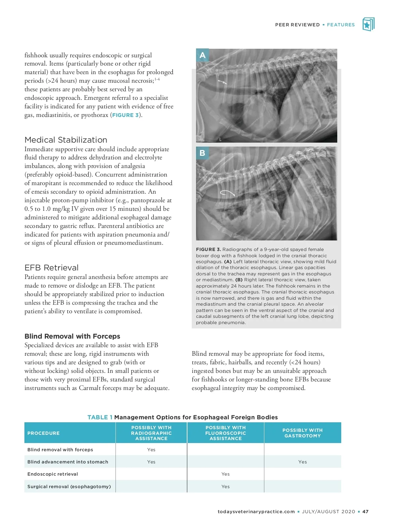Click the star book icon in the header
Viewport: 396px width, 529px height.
(x=368, y=24)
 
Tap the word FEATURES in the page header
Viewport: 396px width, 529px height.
(x=341, y=25)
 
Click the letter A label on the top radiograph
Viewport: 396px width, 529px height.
(x=202, y=55)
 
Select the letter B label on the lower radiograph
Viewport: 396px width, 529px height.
(x=202, y=153)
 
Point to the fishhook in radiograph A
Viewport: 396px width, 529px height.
(x=222, y=81)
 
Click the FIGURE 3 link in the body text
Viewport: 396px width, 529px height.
(x=125, y=115)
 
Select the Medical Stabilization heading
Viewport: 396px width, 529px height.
(x=66, y=140)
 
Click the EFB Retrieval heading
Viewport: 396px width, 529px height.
(x=51, y=267)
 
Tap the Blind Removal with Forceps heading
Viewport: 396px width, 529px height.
(x=72, y=336)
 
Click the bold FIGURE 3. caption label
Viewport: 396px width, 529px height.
(x=208, y=249)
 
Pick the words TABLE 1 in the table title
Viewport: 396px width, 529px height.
(x=100, y=417)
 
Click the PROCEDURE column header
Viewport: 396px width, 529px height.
(x=44, y=433)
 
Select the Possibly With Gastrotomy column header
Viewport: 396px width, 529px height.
(x=302, y=433)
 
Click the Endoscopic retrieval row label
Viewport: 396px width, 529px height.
(x=53, y=474)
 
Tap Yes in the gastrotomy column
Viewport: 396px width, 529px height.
(x=302, y=462)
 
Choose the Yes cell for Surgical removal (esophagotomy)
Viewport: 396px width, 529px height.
(x=225, y=487)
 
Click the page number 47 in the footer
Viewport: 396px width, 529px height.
(x=365, y=512)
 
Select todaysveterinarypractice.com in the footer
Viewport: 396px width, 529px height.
(x=256, y=512)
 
